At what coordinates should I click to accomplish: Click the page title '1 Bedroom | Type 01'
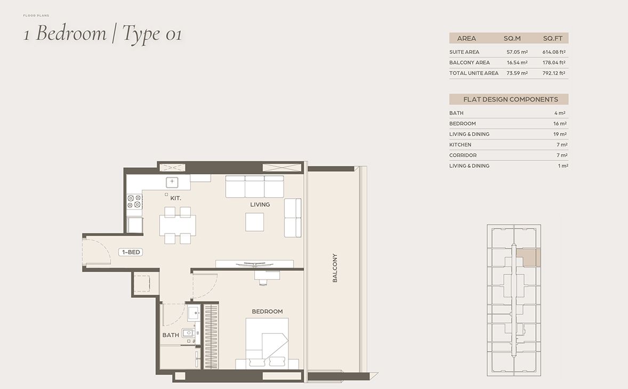(x=102, y=35)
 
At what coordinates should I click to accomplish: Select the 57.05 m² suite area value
(x=517, y=52)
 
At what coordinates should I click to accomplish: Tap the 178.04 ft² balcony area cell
(x=554, y=63)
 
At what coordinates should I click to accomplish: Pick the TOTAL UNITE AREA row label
(x=473, y=74)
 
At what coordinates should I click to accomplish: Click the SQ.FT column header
(x=553, y=38)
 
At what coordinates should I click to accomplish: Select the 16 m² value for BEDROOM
(x=559, y=124)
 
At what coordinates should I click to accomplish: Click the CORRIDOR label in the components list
(x=463, y=156)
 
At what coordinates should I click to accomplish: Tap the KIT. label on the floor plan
(x=175, y=198)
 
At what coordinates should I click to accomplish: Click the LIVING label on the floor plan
(x=260, y=205)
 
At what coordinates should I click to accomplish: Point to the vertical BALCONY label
(x=335, y=268)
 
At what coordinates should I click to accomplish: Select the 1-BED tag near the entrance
(x=131, y=252)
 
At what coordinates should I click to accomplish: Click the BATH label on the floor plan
(x=171, y=335)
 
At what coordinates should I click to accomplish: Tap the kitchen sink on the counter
(x=172, y=182)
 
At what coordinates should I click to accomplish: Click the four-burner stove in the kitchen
(x=134, y=201)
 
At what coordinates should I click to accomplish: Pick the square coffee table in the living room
(x=254, y=222)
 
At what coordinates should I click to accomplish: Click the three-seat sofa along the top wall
(x=254, y=187)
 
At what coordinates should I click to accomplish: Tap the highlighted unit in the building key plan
(x=530, y=256)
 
